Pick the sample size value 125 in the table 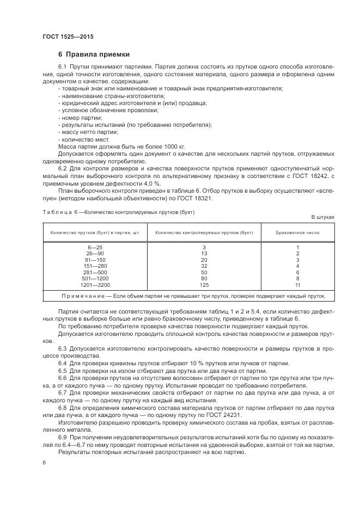(x=204, y=285)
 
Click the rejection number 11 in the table (x=297, y=285)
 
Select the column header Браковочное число (x=297, y=232)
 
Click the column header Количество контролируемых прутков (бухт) (x=204, y=232)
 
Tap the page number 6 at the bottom (x=44, y=462)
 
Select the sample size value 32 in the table (x=204, y=266)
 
